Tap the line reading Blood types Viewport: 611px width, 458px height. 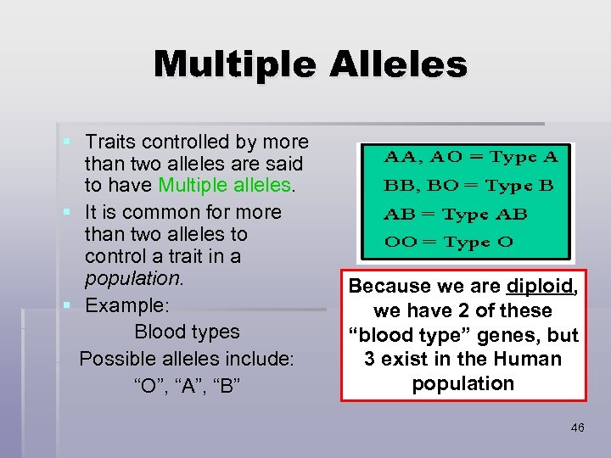pyautogui.click(x=187, y=332)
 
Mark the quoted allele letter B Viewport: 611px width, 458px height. pyautogui.click(x=227, y=386)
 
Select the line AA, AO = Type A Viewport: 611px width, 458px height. pyautogui.click(x=472, y=157)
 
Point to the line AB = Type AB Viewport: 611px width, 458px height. pyautogui.click(x=456, y=214)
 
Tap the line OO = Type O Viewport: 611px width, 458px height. pyautogui.click(x=449, y=242)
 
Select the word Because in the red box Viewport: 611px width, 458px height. pyautogui.click(x=389, y=287)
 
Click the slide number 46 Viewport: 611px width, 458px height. pyautogui.click(x=577, y=428)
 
